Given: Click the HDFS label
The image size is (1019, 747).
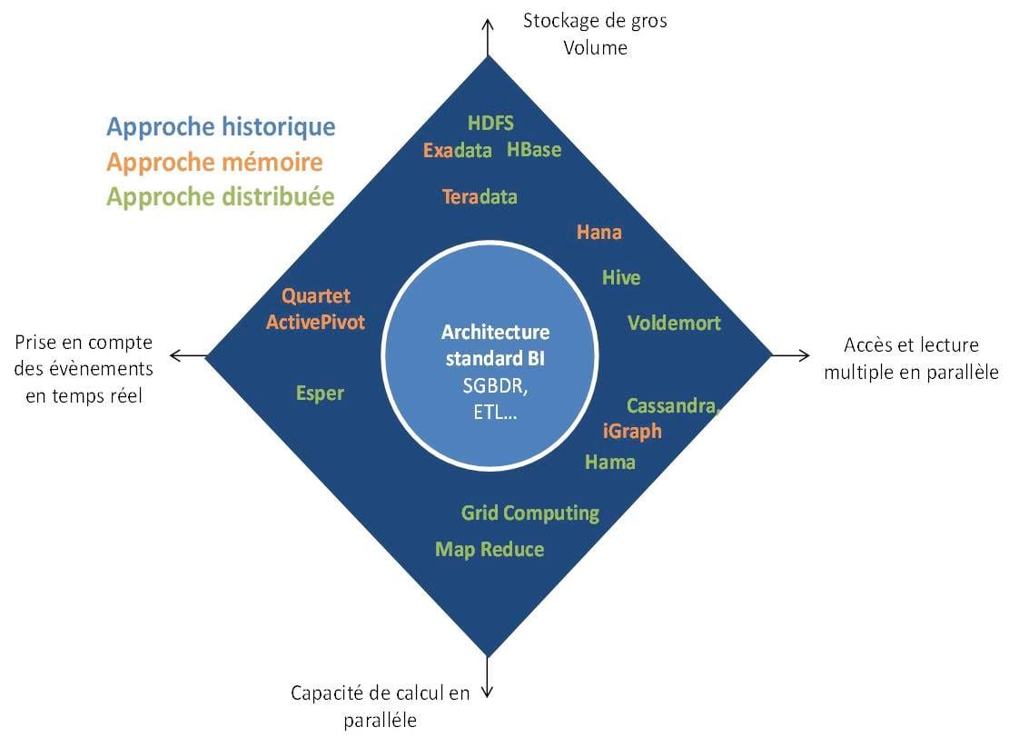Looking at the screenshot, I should coord(490,124).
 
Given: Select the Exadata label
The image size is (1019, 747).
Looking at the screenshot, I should coord(457,151).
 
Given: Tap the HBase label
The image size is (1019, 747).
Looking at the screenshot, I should coord(534,150).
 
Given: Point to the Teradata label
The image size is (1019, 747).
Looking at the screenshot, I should coord(480,196).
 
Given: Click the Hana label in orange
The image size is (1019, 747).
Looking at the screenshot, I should coord(599,233).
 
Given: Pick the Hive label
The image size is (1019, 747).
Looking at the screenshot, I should coord(621,278).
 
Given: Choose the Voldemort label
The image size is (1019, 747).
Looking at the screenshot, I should coord(674,323).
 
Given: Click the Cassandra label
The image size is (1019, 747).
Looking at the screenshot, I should coord(673,406).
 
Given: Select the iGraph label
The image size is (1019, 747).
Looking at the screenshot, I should coord(632,431).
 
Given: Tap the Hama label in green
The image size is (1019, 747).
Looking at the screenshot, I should coord(609,463).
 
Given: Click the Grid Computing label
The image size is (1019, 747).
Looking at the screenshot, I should coord(530,513).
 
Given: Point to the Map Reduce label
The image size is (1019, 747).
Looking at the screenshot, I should coord(490,550).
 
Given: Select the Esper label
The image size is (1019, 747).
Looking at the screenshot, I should coord(320,393).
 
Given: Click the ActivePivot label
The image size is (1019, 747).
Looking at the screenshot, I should coord(315,323).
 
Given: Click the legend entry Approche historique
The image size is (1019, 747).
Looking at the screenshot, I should coord(221,126).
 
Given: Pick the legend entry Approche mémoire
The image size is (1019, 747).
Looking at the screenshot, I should coord(214,162).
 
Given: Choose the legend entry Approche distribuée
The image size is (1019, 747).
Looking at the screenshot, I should coord(220,196).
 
